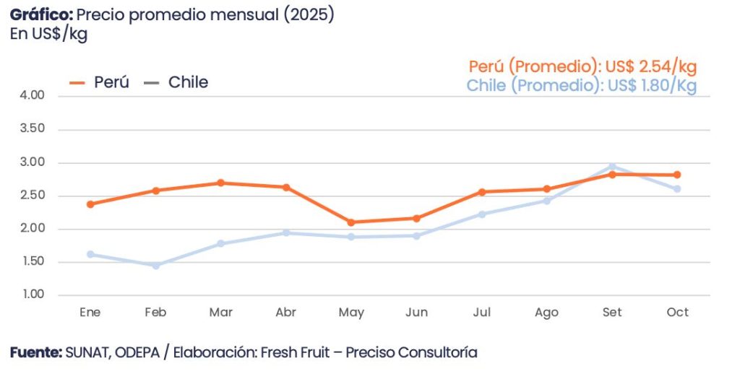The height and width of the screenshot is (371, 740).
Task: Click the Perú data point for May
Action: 351,222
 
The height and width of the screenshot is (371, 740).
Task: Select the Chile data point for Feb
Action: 155,266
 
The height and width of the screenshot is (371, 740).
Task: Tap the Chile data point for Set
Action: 612,167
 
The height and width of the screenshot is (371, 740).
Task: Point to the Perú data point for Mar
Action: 220,183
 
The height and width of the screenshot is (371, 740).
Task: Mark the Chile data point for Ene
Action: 90,254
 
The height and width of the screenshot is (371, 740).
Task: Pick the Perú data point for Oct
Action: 677,175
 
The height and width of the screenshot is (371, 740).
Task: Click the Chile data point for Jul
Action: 482,214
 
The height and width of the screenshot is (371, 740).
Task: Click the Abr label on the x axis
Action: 285,313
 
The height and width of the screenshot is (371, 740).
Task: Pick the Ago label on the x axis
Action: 546,313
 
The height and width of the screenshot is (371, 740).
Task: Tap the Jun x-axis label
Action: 416,313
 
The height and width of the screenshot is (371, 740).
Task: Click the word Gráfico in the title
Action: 40,15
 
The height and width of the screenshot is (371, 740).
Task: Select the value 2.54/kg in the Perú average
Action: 668,66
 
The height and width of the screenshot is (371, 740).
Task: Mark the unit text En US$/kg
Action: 48,34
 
